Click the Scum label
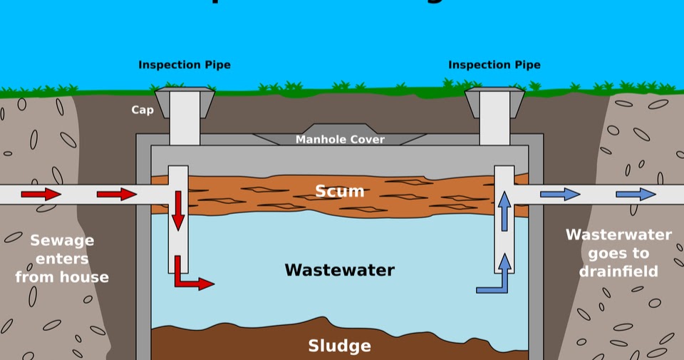pyautogui.click(x=340, y=191)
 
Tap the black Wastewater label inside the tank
pyautogui.click(x=339, y=270)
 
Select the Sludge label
pyautogui.click(x=339, y=346)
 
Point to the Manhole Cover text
pyautogui.click(x=340, y=140)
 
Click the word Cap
pyautogui.click(x=142, y=110)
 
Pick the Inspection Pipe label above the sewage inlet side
pyautogui.click(x=185, y=65)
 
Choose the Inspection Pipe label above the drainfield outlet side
pyautogui.click(x=494, y=65)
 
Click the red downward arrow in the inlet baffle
pyautogui.click(x=178, y=210)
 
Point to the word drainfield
pyautogui.click(x=618, y=272)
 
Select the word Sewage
pyautogui.click(x=63, y=240)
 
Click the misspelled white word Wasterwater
pyautogui.click(x=618, y=235)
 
